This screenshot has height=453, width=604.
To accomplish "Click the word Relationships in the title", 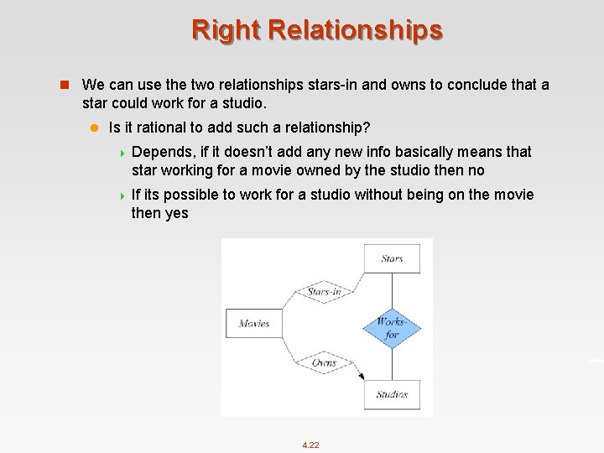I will click(x=355, y=29).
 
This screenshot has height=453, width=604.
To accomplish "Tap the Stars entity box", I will click(x=392, y=258).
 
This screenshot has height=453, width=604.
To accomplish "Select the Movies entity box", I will click(x=253, y=323).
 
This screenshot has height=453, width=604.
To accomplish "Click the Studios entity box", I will click(x=392, y=394).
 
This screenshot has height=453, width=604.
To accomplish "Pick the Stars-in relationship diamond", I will click(x=324, y=293).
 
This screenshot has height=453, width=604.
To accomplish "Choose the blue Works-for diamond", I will click(x=391, y=327).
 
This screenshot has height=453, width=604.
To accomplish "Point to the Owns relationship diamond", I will click(x=324, y=362).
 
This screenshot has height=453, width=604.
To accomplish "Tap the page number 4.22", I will click(x=310, y=445).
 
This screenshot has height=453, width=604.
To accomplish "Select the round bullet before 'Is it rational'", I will click(x=95, y=128).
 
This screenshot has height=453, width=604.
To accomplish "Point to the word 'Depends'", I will click(x=163, y=152).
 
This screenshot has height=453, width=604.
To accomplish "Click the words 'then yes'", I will click(x=159, y=213).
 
